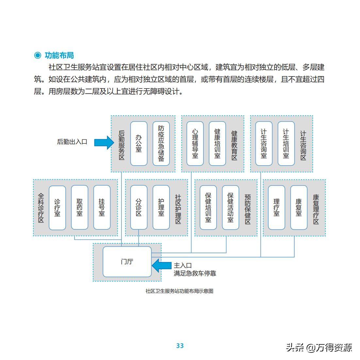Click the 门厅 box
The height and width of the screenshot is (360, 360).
coord(127,262)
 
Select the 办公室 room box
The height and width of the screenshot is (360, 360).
coord(139,143)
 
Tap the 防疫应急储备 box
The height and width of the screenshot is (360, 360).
coord(161,143)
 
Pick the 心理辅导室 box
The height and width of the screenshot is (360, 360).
coord(195,143)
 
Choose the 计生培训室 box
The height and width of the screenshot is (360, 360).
coord(286,143)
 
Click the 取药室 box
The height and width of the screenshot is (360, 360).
coord(79,207)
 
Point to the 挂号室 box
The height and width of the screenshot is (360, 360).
coord(102,207)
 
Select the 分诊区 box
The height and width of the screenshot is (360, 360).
coord(139,207)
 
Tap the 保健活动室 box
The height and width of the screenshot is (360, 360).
coord(231,207)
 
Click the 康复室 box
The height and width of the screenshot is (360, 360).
coord(299,207)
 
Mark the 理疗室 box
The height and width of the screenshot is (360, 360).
coord(276,207)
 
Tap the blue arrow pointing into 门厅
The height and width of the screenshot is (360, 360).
coord(161,265)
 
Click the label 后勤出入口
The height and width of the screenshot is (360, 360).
coord(72,142)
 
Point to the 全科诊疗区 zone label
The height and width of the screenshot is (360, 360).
coord(41,208)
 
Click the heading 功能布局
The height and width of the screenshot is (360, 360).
coord(59,55)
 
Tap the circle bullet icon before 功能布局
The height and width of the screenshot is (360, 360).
coord(38,55)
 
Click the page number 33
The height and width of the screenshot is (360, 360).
coord(180,346)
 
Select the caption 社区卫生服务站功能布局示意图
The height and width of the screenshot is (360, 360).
coord(179,291)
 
